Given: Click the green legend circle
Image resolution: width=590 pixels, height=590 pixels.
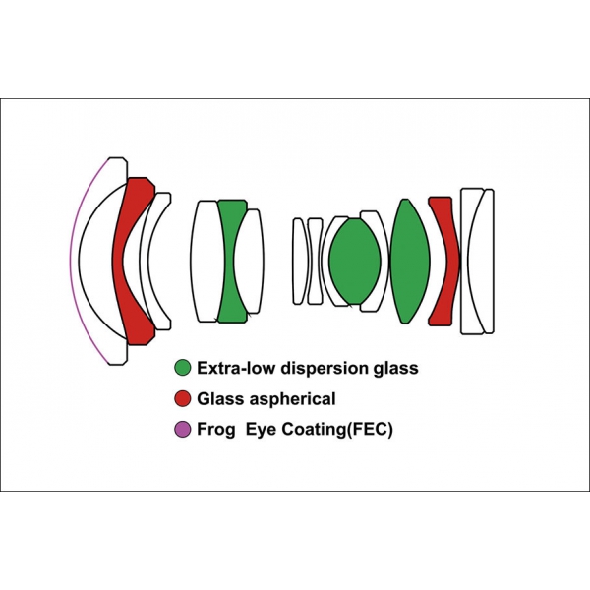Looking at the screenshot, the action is click(x=183, y=368).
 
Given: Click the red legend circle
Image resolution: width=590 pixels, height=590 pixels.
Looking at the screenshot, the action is click(x=183, y=398).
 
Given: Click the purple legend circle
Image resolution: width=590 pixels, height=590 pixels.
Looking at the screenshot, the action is click(x=183, y=430).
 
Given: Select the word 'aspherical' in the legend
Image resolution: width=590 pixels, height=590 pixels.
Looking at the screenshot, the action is click(x=293, y=399).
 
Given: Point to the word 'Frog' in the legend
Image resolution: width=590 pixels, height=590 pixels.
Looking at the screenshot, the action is click(x=216, y=430).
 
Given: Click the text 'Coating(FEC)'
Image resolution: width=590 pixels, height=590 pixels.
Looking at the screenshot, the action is click(x=337, y=430).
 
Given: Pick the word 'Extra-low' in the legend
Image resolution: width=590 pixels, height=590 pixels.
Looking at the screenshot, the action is click(x=237, y=368).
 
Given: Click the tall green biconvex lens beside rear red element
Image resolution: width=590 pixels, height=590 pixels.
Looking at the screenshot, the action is click(x=410, y=261).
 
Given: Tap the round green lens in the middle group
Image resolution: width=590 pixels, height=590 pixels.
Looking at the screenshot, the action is click(x=355, y=262).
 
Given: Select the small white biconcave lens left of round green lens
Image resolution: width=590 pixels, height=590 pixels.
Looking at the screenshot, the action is click(x=315, y=262).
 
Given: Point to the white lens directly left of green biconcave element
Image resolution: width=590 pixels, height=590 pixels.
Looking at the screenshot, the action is click(x=206, y=262).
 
